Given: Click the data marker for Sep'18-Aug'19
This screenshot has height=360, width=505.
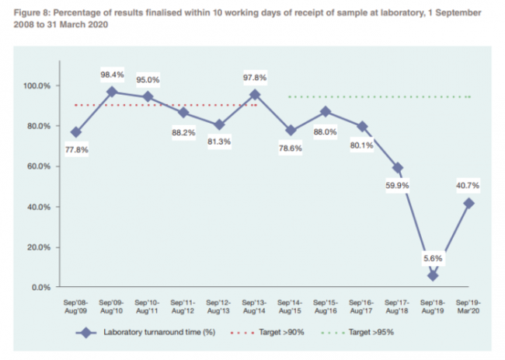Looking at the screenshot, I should click(432, 276).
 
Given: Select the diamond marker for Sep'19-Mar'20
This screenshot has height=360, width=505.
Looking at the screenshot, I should click(468, 204).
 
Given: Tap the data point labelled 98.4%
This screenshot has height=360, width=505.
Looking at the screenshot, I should click(111, 92).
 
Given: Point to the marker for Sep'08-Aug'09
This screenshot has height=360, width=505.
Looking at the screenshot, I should click(75, 132).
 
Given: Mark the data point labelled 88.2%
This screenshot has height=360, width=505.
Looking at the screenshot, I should click(183, 113).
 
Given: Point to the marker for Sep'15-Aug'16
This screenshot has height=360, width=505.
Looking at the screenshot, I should click(326, 111).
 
